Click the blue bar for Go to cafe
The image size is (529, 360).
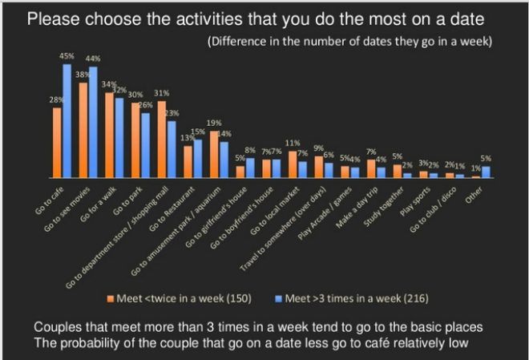(67, 121)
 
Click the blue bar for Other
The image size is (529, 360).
(485, 172)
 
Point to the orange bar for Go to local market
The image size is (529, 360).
(292, 164)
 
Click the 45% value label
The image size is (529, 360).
(67, 56)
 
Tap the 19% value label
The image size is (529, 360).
(214, 123)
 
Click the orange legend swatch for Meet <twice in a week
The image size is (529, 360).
(111, 299)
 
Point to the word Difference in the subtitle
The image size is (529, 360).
(240, 41)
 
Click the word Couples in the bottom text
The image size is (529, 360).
(56, 327)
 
